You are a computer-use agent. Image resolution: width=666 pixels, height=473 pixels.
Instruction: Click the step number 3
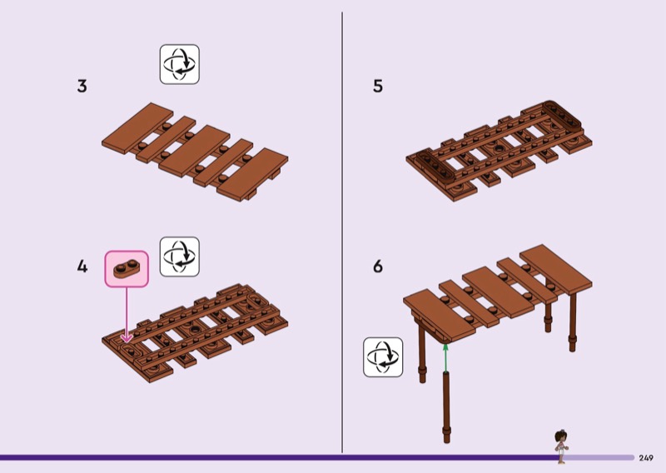pos(82,86)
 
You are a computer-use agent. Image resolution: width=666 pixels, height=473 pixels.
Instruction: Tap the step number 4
pos(82,266)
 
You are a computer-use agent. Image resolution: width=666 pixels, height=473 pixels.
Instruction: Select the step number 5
pos(378,86)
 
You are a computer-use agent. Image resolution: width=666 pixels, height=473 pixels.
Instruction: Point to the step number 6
pos(378,266)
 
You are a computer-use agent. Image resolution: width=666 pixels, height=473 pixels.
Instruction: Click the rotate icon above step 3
pos(180,64)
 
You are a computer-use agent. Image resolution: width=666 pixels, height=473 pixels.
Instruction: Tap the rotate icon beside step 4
pos(180,256)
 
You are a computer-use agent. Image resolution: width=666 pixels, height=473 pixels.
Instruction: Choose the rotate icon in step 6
pos(383,357)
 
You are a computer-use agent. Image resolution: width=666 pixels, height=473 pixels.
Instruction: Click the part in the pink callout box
pos(127,269)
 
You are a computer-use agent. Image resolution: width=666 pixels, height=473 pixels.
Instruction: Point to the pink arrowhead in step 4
pos(127,338)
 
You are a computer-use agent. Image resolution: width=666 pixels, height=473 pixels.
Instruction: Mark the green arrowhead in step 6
pos(445,347)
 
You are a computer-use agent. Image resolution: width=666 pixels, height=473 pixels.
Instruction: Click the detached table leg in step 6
pos(446,407)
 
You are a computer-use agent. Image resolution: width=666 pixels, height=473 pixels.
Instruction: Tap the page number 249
pos(646,458)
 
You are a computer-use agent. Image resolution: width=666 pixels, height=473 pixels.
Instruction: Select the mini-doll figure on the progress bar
pos(561,446)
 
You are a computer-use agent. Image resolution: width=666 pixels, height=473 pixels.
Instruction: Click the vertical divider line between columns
pos(342,232)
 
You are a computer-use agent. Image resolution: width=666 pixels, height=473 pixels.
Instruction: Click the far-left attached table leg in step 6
pos(421,353)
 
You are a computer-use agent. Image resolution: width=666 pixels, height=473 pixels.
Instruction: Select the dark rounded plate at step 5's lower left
pos(435,167)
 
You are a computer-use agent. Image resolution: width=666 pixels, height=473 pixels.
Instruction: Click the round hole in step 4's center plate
pos(195,330)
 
